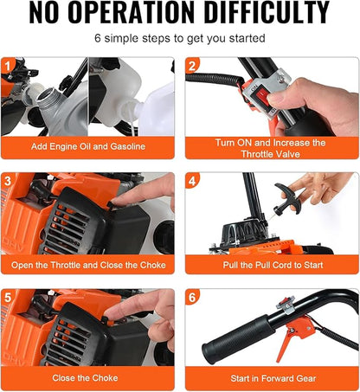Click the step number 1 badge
(x=10, y=66)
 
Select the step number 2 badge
(x=193, y=66)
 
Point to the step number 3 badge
(x=10, y=180)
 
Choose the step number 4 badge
(x=193, y=180)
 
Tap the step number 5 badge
(x=10, y=297)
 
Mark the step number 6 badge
(x=193, y=297)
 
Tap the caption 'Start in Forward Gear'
(x=271, y=377)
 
